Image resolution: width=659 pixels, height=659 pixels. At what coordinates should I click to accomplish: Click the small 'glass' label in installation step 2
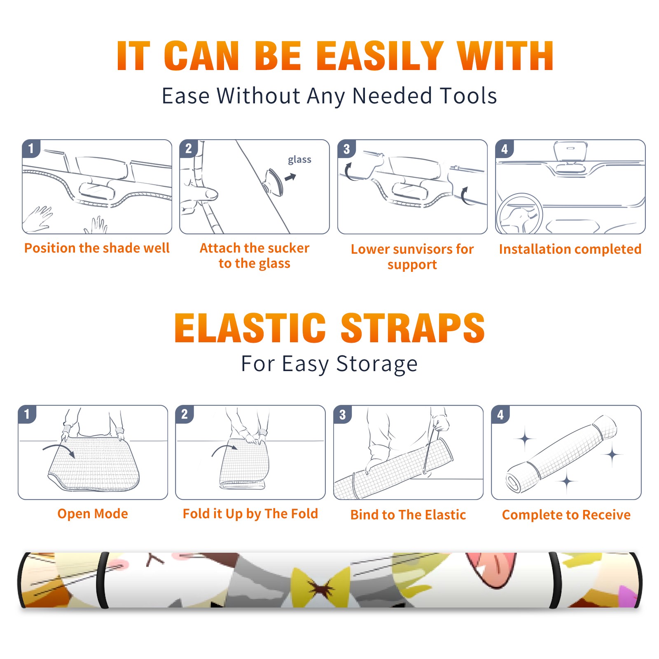pos(299,160)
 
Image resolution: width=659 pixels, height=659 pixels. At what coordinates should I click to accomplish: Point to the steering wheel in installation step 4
pos(519,214)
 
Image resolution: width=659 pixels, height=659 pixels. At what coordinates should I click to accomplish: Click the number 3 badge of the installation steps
pos(346,149)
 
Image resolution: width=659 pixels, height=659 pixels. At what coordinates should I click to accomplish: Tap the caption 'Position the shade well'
pos(97,248)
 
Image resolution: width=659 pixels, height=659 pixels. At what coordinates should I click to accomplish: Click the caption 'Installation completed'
pos(570,249)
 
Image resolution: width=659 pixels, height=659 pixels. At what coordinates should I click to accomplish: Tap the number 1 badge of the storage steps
pos(27,414)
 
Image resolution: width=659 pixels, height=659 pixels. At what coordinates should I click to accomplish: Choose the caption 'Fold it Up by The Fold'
pos(250,514)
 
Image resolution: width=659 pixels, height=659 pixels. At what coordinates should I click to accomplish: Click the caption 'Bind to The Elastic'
pos(408,515)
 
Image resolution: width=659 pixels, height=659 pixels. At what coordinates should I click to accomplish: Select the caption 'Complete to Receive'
pos(566,515)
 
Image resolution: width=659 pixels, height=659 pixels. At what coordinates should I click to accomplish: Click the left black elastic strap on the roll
pos(102,580)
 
